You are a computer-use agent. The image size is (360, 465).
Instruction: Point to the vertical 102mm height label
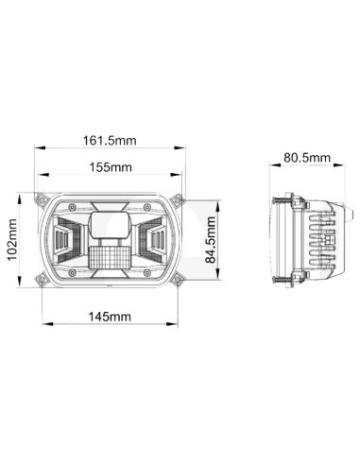point(12,240)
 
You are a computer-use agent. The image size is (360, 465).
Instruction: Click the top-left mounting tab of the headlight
point(43,198)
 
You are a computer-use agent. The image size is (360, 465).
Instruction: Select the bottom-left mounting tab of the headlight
point(43,279)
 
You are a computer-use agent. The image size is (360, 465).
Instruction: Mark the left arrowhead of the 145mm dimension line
point(44,326)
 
